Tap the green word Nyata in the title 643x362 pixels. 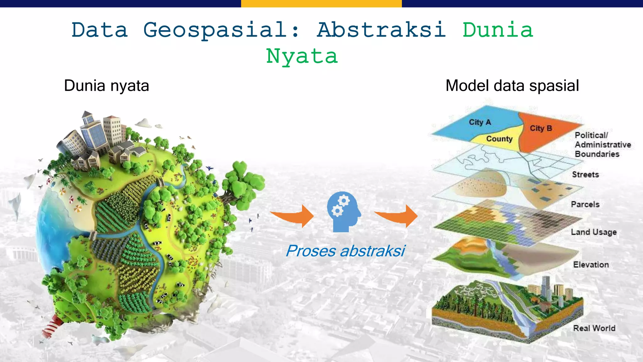pyautogui.click(x=302, y=57)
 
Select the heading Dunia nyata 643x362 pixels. pyautogui.click(x=106, y=86)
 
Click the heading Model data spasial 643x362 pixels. pyautogui.click(x=512, y=86)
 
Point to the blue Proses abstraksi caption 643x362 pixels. pyautogui.click(x=345, y=251)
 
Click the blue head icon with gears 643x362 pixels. pyautogui.click(x=343, y=212)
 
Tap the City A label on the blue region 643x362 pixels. pyautogui.click(x=479, y=122)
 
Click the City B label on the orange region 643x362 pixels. pyautogui.click(x=541, y=129)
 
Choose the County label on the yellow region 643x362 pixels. pyautogui.click(x=499, y=139)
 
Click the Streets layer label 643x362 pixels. pyautogui.click(x=585, y=175)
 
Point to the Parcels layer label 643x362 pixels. pyautogui.click(x=585, y=205)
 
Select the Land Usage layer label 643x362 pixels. pyautogui.click(x=593, y=232)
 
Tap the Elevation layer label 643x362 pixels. pyautogui.click(x=591, y=265)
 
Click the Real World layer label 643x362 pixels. pyautogui.click(x=594, y=328)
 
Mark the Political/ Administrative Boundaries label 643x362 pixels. pyautogui.click(x=602, y=145)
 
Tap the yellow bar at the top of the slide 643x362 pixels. pyautogui.click(x=321, y=3)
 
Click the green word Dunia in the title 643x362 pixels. pyautogui.click(x=498, y=30)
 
